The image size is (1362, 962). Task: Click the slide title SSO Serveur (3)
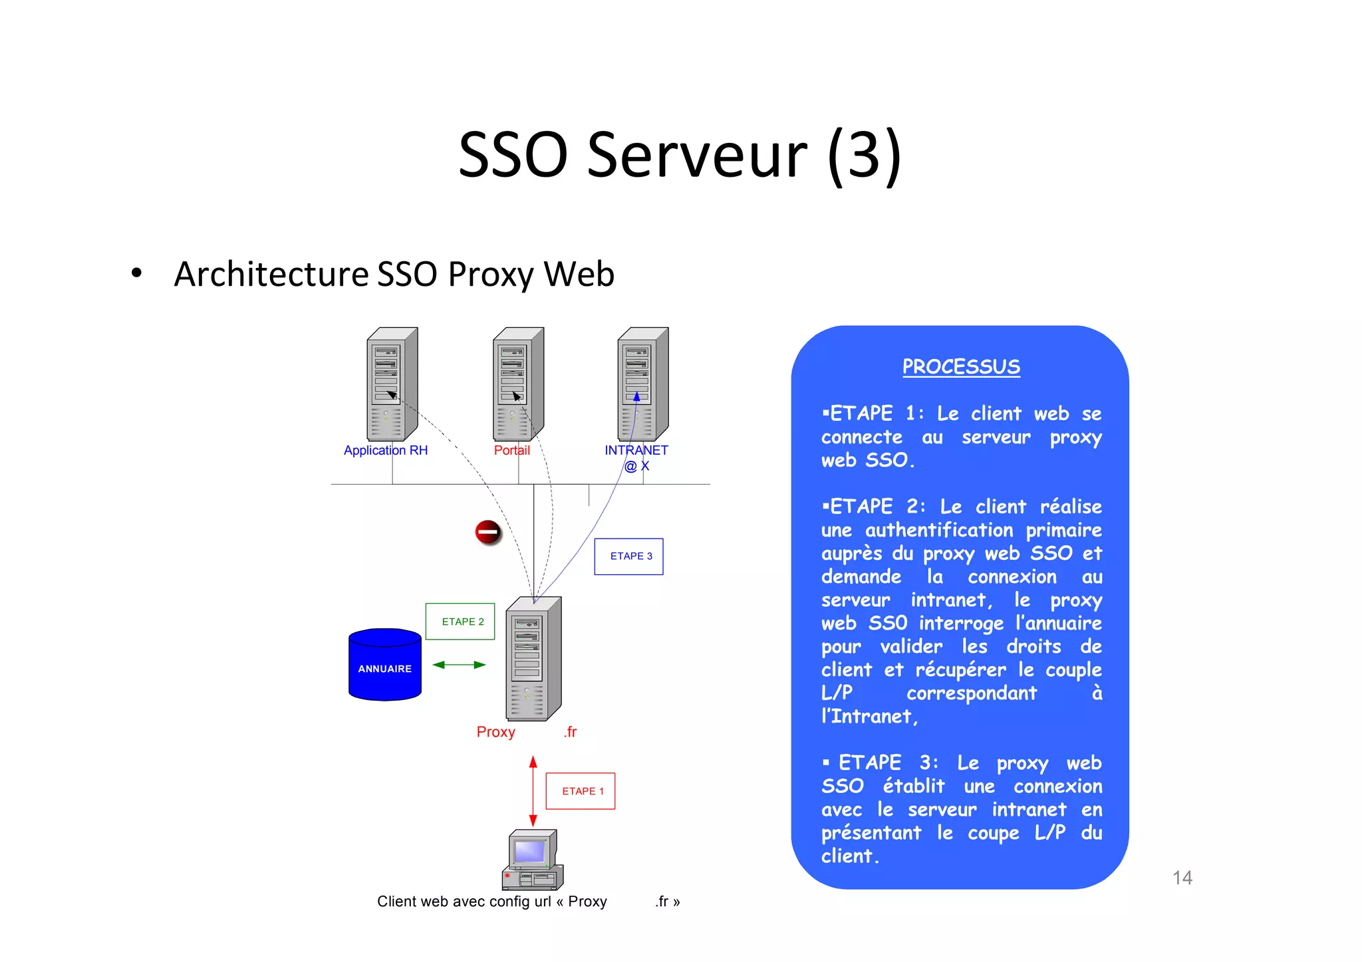[x=680, y=155]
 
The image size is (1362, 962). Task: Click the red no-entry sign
[x=487, y=532]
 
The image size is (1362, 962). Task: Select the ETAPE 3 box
[x=628, y=556]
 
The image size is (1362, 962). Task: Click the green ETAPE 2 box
[x=460, y=622]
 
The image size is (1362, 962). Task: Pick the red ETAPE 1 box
[x=581, y=791]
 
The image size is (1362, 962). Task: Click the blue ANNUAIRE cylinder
[x=385, y=665]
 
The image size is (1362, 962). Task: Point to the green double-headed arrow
[x=459, y=665]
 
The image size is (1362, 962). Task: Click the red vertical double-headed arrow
[x=533, y=791]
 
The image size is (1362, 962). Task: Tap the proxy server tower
[x=533, y=659]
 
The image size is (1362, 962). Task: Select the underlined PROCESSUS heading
[x=961, y=366]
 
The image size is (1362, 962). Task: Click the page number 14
[x=1182, y=878]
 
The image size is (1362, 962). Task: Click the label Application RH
[x=386, y=450]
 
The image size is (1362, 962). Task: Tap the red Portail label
[x=512, y=450]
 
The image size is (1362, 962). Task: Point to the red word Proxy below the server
[x=496, y=732]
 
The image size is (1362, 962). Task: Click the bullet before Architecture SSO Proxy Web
[x=137, y=273]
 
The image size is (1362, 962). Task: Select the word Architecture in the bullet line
[x=271, y=274]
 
